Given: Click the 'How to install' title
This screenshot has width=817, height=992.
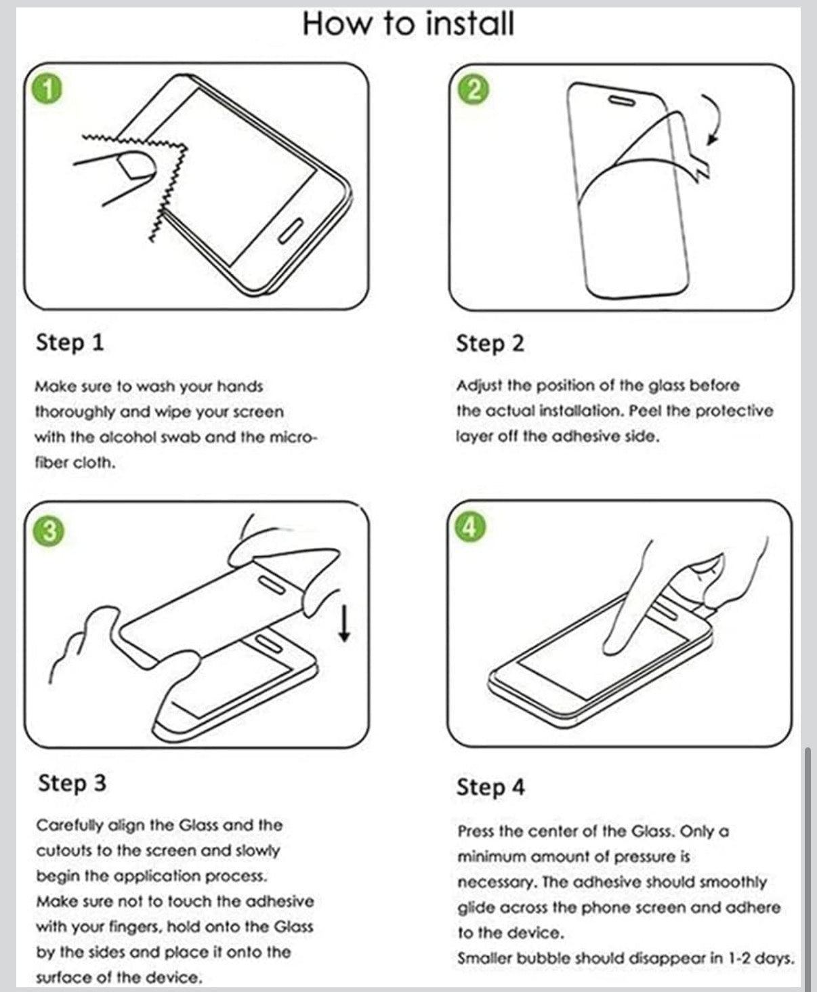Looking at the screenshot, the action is (408, 24).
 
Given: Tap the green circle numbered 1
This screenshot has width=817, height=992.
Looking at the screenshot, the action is (47, 90).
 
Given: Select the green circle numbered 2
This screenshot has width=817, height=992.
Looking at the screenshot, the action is (473, 90).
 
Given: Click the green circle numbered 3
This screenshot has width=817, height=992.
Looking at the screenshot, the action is (49, 531).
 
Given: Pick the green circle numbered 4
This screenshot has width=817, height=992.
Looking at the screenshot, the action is (470, 527).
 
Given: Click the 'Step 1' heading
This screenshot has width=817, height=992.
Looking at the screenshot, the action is (70, 343).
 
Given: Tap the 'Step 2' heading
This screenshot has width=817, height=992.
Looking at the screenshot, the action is (490, 344).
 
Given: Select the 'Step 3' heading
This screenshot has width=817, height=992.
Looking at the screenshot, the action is (72, 783).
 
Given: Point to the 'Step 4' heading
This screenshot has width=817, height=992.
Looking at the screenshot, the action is (490, 787).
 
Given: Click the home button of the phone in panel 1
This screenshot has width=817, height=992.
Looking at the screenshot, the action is (291, 231).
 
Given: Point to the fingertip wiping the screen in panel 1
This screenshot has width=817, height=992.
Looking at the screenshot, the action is (137, 166).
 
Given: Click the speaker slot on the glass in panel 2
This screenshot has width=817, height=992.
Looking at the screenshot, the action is (622, 101).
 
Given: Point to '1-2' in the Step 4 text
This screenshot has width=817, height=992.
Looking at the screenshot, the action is (739, 958).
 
